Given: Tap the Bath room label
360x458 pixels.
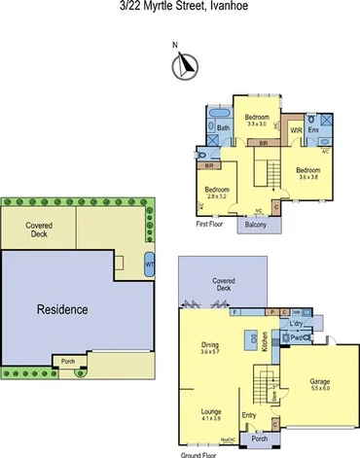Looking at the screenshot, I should [223, 127].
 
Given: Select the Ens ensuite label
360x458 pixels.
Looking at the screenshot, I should [313, 130].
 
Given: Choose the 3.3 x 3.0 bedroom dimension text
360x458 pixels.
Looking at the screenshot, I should [257, 124].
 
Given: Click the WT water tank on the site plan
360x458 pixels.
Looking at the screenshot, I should [149, 264].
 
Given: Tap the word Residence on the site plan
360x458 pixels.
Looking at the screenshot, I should [62, 310].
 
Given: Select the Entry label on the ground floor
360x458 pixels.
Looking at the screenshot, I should [249, 416].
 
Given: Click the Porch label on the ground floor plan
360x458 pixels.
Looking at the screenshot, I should [259, 439].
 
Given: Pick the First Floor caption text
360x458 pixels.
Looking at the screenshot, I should [209, 223].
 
